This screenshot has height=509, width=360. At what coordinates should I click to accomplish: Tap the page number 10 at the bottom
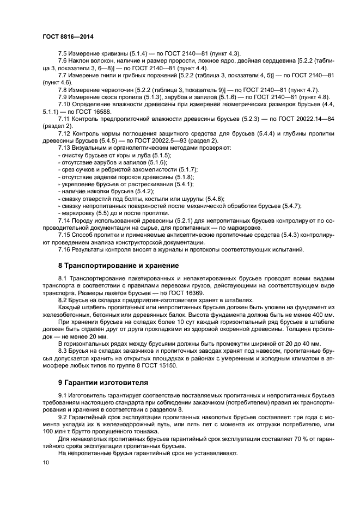pos(45,462)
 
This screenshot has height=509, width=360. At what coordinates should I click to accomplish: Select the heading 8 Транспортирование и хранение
pos(118,266)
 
